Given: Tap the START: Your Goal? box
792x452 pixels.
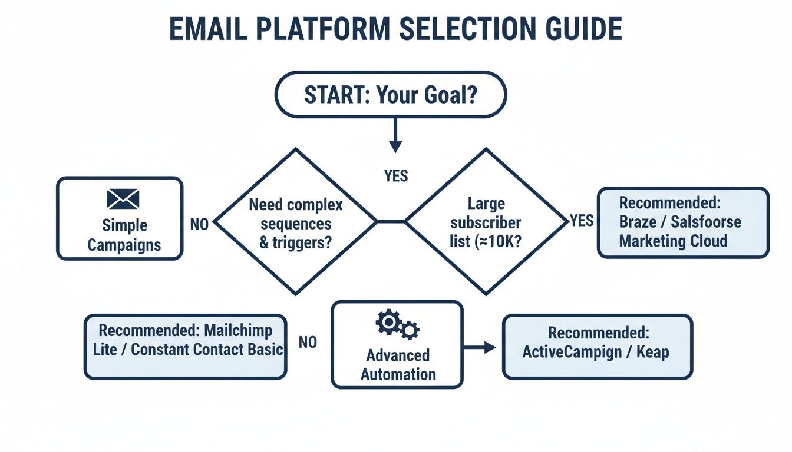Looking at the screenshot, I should tap(391, 94).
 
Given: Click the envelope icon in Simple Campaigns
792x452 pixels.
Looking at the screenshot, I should tap(123, 199).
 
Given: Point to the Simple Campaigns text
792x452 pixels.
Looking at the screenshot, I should tap(124, 235).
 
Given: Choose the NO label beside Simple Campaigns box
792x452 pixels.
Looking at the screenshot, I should tap(199, 225).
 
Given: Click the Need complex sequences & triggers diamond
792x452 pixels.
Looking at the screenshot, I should tap(295, 222).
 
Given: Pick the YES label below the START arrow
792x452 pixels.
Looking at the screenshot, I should tap(395, 175).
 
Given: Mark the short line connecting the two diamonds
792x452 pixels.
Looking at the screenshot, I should tap(391, 222).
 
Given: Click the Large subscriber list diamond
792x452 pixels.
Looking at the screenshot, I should tap(486, 222).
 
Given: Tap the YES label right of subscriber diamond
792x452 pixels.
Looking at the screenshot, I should tap(581, 221).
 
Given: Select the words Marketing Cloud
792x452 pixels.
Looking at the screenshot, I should tap(673, 241).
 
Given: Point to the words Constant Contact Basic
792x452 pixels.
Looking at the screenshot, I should tap(207, 349).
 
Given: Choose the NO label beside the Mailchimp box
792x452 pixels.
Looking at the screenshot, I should tap(308, 343).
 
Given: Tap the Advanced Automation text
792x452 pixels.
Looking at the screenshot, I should tap(398, 364).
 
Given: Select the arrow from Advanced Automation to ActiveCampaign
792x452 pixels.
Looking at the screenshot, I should tap(480, 347).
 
